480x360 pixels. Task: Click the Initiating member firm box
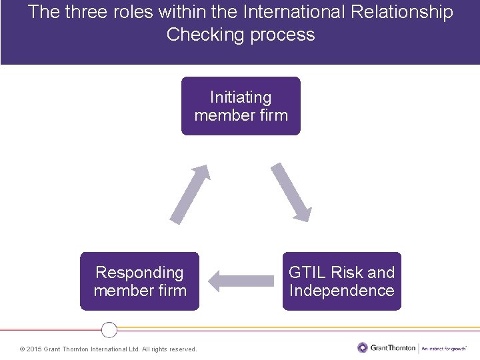coord(241,106)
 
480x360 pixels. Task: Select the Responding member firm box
coord(139,281)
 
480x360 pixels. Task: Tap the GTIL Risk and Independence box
coord(341,281)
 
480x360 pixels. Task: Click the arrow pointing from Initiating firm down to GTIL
coord(291,192)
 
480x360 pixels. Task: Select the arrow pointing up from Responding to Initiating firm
coord(190,193)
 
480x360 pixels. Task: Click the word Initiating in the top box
coord(241,97)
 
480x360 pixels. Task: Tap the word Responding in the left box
coord(139,273)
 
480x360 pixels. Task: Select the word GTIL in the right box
coord(307,273)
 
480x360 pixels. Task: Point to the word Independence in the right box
coord(341,291)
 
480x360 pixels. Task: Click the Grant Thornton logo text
coord(393,347)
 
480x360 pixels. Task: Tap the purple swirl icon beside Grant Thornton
coord(362,347)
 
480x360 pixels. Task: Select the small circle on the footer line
coord(109,329)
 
